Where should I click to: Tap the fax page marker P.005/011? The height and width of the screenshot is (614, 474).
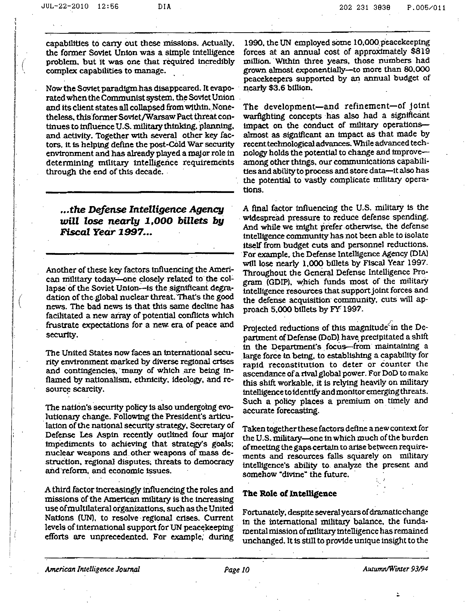(x=426, y=8)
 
